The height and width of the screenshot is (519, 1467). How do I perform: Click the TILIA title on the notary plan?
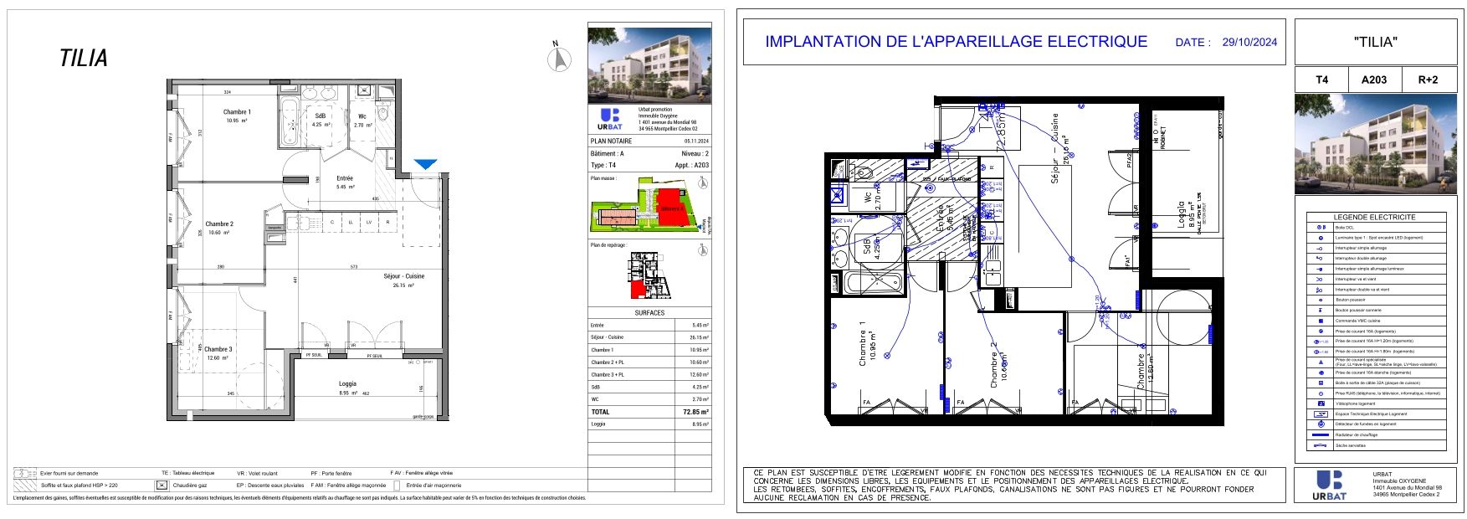[x=84, y=59]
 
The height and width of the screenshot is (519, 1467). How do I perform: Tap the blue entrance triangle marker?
[x=426, y=165]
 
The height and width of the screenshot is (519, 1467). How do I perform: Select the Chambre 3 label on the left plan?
[x=218, y=349]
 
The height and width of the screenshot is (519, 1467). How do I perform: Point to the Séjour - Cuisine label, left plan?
[x=404, y=276]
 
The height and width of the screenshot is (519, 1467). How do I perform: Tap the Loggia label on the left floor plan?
[x=347, y=383]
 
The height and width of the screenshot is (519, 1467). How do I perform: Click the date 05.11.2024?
[x=696, y=141]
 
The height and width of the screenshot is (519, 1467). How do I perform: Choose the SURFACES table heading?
[x=649, y=313]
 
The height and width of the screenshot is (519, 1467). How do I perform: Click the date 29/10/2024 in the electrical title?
[x=1249, y=42]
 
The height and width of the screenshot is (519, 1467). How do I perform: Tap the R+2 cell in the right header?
[x=1428, y=80]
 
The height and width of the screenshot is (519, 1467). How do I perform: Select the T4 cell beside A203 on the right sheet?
[x=1321, y=80]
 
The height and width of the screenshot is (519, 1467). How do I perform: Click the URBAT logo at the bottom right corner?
[x=1330, y=486]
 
